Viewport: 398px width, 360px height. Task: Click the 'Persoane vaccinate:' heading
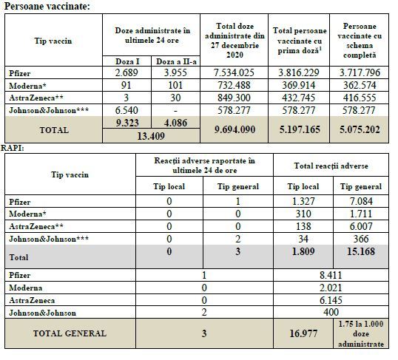click(x=47, y=6)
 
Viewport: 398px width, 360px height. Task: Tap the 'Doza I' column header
click(x=127, y=61)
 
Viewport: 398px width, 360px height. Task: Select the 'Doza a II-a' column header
click(x=176, y=61)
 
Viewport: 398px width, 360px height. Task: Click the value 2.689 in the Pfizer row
click(x=127, y=72)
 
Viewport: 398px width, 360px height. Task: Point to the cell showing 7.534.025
click(x=234, y=72)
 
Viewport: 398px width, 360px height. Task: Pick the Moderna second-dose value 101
click(x=175, y=85)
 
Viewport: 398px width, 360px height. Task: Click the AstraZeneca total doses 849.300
click(x=234, y=98)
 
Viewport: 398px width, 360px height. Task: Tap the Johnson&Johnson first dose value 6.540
click(x=127, y=110)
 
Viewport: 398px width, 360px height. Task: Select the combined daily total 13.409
click(x=151, y=136)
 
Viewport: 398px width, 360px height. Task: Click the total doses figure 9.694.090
click(x=235, y=129)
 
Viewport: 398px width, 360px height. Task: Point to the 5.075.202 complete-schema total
click(x=360, y=129)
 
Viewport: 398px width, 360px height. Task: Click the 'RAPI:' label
click(x=13, y=148)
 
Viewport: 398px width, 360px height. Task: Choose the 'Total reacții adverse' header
click(x=331, y=166)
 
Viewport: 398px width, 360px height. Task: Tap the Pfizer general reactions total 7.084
click(x=361, y=202)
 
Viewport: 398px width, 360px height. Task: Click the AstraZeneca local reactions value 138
click(x=303, y=226)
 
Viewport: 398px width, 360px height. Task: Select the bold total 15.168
click(x=361, y=251)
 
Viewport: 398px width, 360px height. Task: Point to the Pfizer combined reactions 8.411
click(x=331, y=275)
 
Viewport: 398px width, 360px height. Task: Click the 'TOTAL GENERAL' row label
click(x=70, y=333)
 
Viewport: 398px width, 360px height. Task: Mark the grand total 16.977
click(x=303, y=333)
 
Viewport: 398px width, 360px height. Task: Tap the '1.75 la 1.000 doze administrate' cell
click(x=361, y=334)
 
